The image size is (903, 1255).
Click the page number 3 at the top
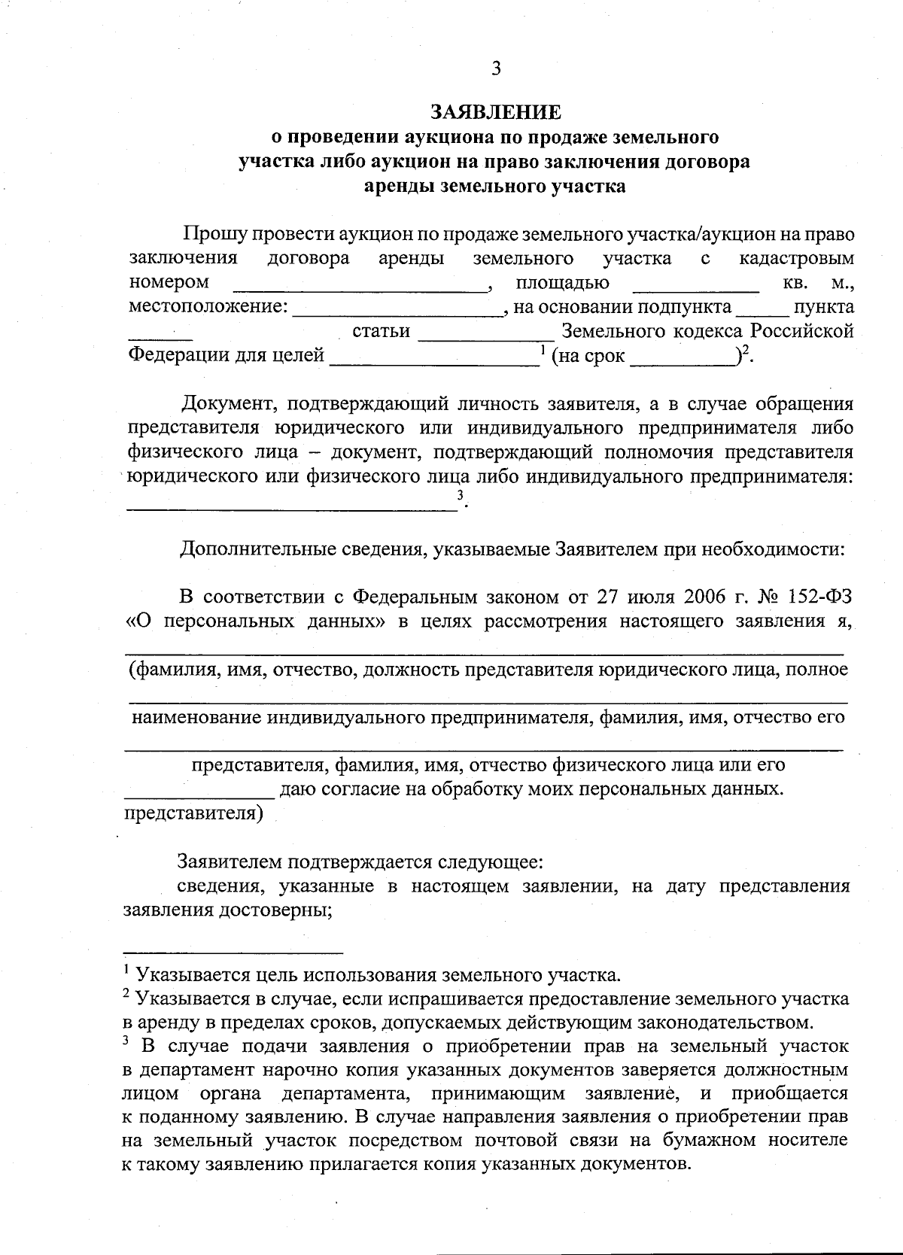click(495, 69)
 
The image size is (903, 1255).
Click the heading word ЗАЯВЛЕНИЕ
click(495, 112)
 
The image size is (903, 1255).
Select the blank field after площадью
click(695, 285)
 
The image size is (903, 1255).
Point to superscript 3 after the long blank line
click(460, 494)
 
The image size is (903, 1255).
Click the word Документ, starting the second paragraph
click(226, 403)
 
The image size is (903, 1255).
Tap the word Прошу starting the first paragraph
click(211, 234)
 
